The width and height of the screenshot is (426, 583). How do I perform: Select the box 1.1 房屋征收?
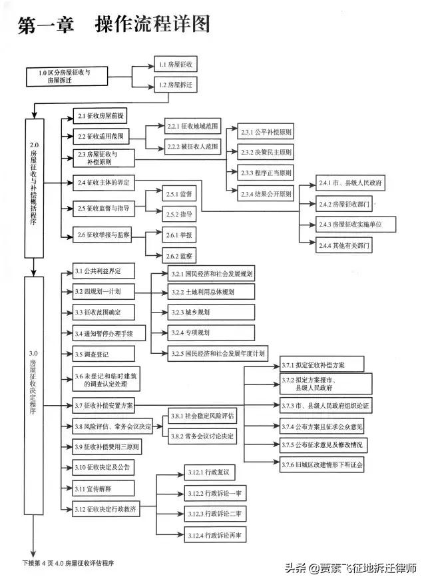pos(176,65)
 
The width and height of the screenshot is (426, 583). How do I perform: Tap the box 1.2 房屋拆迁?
pos(176,85)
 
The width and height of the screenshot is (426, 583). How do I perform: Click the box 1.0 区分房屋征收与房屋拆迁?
pos(69,75)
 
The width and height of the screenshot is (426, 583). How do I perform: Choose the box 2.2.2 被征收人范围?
pos(192,147)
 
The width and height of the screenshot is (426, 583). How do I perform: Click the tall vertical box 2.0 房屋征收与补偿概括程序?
pos(34,188)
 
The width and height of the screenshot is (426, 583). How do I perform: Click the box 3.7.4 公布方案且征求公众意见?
pos(323,426)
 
